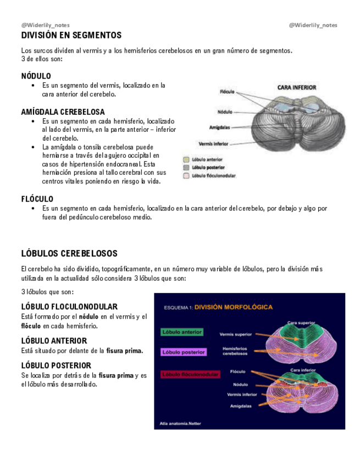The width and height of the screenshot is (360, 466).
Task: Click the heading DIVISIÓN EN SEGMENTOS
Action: [71, 36]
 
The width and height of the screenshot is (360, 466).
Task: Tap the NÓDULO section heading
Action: [36, 76]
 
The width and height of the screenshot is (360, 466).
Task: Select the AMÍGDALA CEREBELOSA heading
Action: [63, 112]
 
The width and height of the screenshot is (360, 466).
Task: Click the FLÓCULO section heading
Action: [37, 199]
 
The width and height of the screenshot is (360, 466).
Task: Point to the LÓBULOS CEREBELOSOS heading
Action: [69, 254]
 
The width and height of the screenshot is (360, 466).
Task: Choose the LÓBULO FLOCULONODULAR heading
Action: [69, 307]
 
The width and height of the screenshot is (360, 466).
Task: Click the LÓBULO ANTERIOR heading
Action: [54, 341]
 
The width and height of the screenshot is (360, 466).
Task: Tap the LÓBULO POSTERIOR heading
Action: [56, 365]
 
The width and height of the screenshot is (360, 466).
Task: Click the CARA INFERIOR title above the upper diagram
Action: [296, 87]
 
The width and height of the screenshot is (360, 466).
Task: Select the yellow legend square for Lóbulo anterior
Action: [186, 159]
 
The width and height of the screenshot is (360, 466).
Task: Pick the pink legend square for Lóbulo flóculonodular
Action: [186, 175]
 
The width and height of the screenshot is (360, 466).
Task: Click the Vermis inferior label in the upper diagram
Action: [213, 143]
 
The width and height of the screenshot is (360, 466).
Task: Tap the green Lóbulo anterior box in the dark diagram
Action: [182, 332]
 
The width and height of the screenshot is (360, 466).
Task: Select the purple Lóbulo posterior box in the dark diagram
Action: [184, 352]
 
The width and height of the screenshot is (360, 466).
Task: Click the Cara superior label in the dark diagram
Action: [301, 323]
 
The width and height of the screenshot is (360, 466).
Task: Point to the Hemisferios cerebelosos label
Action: [235, 351]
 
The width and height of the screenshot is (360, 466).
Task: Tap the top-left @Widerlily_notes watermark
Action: [46, 25]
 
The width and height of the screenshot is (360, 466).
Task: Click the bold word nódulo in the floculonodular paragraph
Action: [88, 317]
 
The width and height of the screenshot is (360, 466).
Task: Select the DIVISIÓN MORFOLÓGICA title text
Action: [234, 307]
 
